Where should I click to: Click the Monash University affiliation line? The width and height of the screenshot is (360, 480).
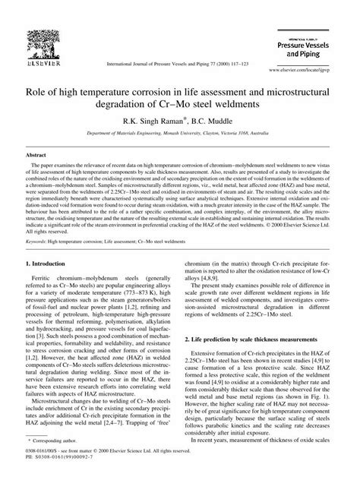coord(179,132)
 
